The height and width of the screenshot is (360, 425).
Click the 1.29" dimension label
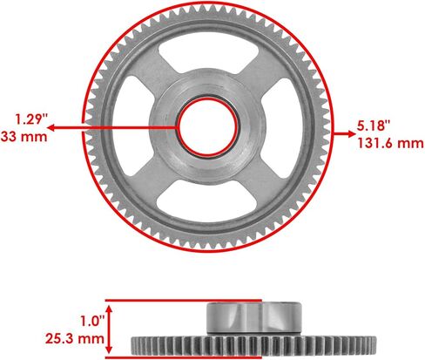click(31, 119)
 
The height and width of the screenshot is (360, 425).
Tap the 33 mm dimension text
click(24, 137)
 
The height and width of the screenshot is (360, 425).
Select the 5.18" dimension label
click(373, 126)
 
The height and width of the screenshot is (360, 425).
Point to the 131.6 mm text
click(390, 143)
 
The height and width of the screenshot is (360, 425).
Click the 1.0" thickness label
click(92, 322)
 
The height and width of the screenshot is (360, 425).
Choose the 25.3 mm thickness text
click(75, 338)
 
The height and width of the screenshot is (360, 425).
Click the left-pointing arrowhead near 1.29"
click(51, 128)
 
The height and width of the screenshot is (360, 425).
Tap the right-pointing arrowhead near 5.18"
click(352, 134)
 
